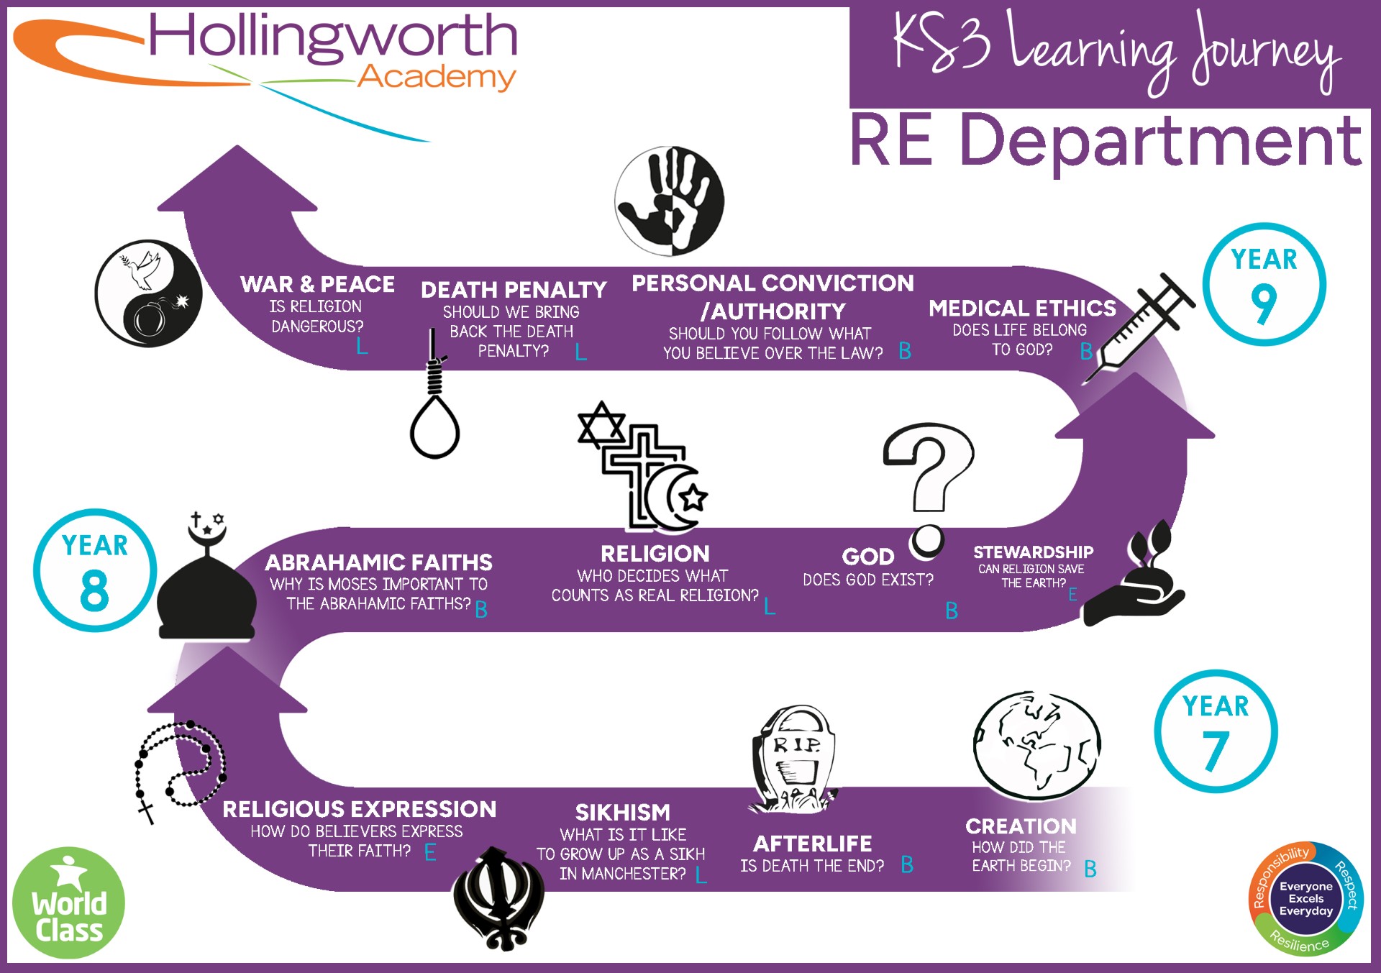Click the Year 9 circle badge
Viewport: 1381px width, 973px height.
point(1264,285)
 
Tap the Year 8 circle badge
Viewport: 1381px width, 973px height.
point(95,570)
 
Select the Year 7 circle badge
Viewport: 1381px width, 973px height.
point(1216,731)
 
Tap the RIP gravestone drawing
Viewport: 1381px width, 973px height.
point(793,759)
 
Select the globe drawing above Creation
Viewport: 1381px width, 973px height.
point(1036,746)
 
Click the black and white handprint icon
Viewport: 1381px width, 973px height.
point(670,201)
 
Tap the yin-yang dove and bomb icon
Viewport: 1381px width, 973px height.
point(149,293)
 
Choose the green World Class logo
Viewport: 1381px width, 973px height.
point(68,903)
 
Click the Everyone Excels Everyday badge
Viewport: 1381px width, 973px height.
point(1305,899)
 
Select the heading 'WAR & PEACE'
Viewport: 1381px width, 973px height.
point(317,284)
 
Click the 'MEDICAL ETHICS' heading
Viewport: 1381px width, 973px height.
point(1022,308)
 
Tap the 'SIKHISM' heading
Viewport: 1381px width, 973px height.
point(623,812)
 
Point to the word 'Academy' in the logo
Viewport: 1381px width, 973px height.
point(437,76)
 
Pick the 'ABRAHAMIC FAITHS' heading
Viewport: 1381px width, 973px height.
point(378,562)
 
